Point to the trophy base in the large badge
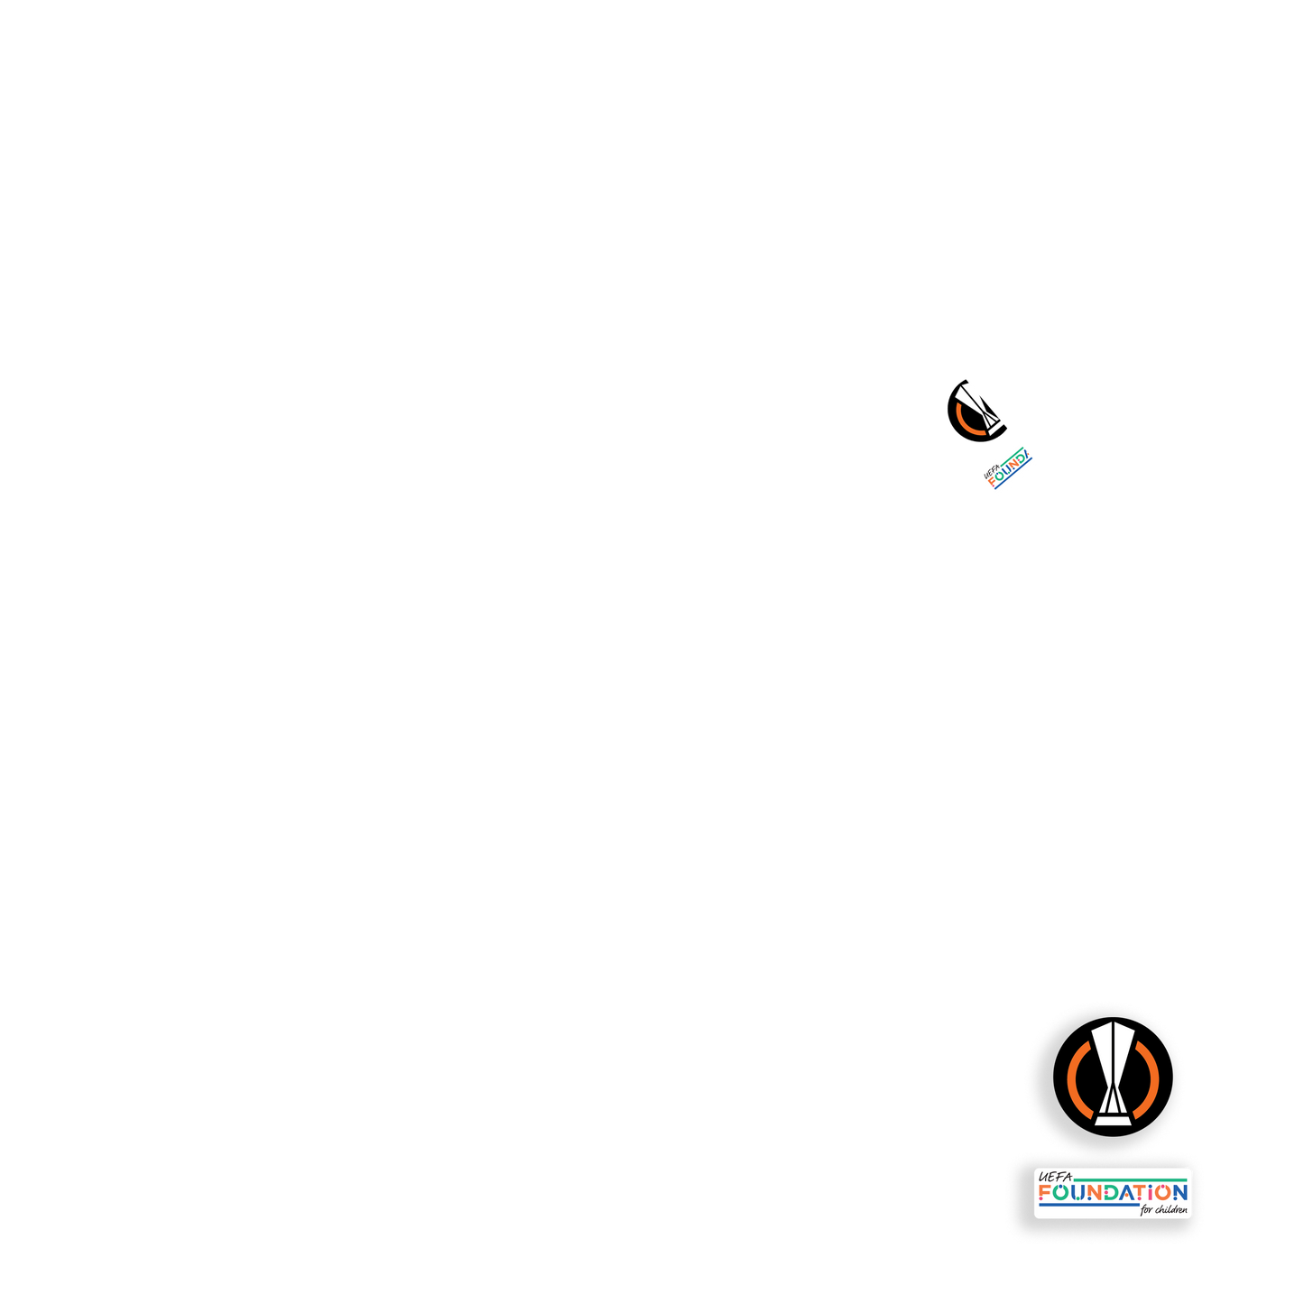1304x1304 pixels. click(1114, 1120)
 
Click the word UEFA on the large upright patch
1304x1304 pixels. click(1054, 1177)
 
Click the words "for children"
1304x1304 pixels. click(1164, 1209)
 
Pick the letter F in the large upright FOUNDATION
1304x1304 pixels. click(1045, 1193)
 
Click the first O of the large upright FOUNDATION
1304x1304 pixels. click(1062, 1193)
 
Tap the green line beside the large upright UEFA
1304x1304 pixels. click(1128, 1179)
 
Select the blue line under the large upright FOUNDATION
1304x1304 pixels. click(1087, 1205)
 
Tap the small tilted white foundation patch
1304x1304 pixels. click(1009, 468)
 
